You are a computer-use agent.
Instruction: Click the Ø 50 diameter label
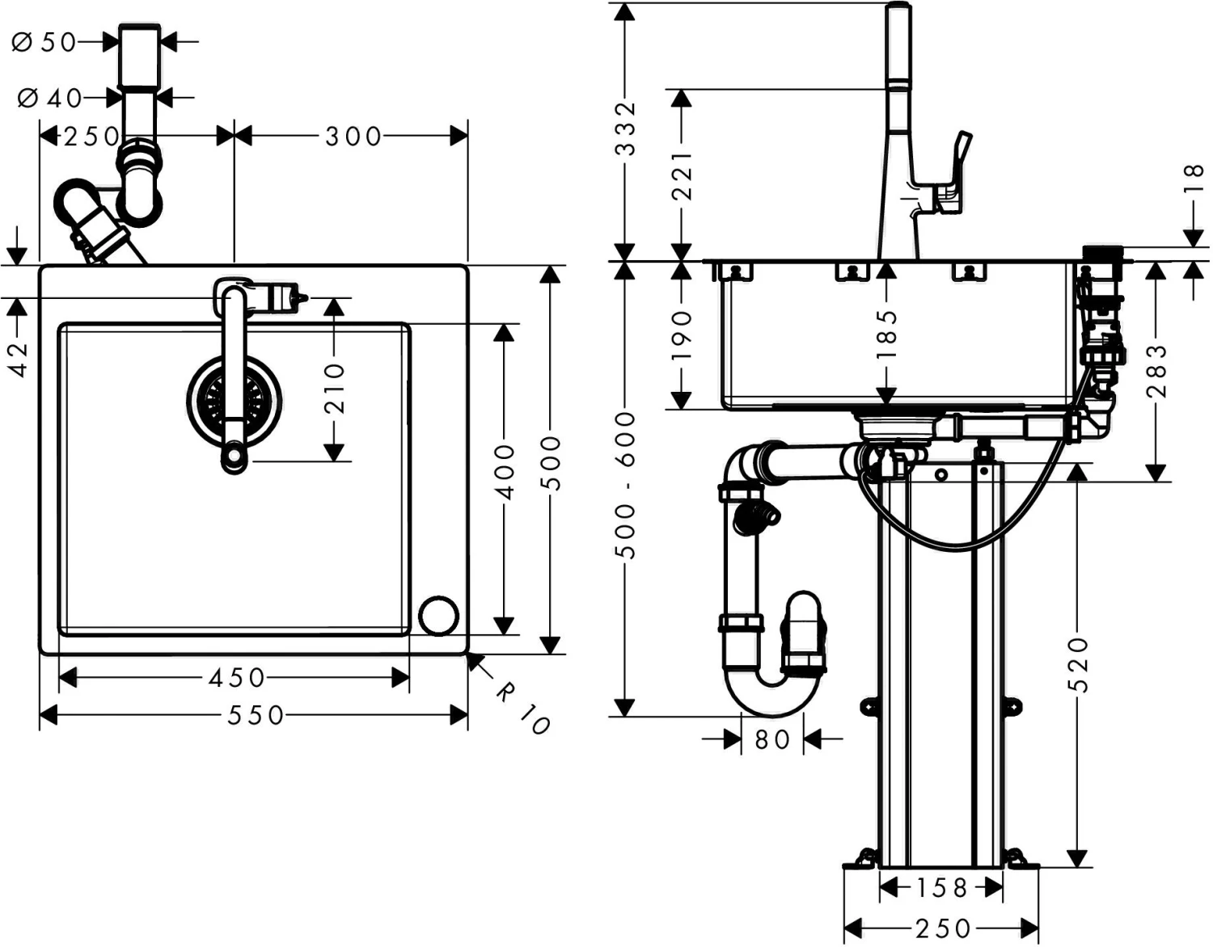coord(44,42)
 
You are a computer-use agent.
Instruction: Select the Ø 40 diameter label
coord(49,99)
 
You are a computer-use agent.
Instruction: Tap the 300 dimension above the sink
coord(353,137)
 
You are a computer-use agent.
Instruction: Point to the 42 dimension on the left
coord(19,360)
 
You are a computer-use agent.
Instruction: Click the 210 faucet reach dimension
coord(334,388)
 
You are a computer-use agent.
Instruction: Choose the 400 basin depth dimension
coord(505,473)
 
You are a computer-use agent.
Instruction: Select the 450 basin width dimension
coord(237,678)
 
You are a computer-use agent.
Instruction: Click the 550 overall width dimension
coord(256,716)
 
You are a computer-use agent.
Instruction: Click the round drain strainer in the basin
coord(234,401)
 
